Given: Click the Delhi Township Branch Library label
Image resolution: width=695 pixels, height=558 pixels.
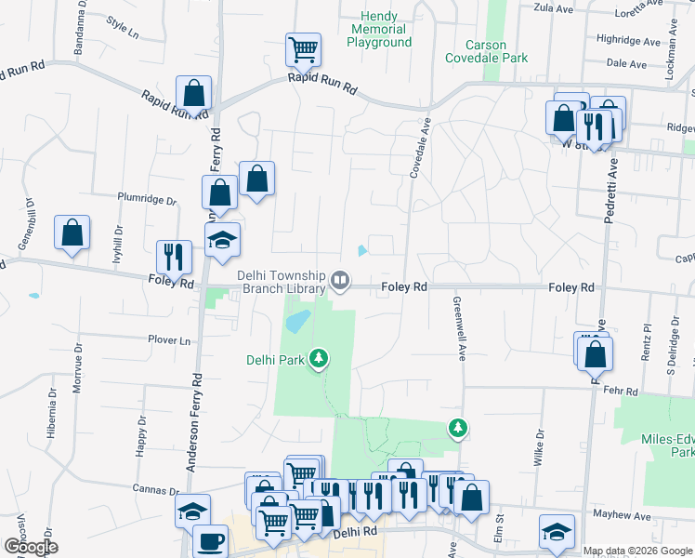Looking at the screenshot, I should coord(281,282).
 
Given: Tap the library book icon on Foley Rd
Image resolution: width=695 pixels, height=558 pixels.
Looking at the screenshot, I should coord(341,281).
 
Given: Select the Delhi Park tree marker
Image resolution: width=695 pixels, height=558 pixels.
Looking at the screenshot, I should coord(319,358).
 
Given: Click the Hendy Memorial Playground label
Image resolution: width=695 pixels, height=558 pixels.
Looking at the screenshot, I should coord(379,30).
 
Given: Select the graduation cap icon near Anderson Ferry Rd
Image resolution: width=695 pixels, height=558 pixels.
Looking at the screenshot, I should coord(223,239).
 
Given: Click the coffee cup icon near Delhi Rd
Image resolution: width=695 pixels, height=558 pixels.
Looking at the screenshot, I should coord(209,540).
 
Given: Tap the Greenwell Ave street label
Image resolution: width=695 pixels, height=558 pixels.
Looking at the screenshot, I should coord(459,329).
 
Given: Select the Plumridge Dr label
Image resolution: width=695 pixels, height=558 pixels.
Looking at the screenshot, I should coord(147,198).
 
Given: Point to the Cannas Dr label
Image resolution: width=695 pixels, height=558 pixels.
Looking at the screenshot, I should coord(155,489).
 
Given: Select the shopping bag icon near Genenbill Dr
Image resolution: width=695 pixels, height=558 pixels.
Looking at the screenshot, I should coord(72,232).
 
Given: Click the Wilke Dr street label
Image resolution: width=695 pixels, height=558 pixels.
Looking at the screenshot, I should coord(539,446).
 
